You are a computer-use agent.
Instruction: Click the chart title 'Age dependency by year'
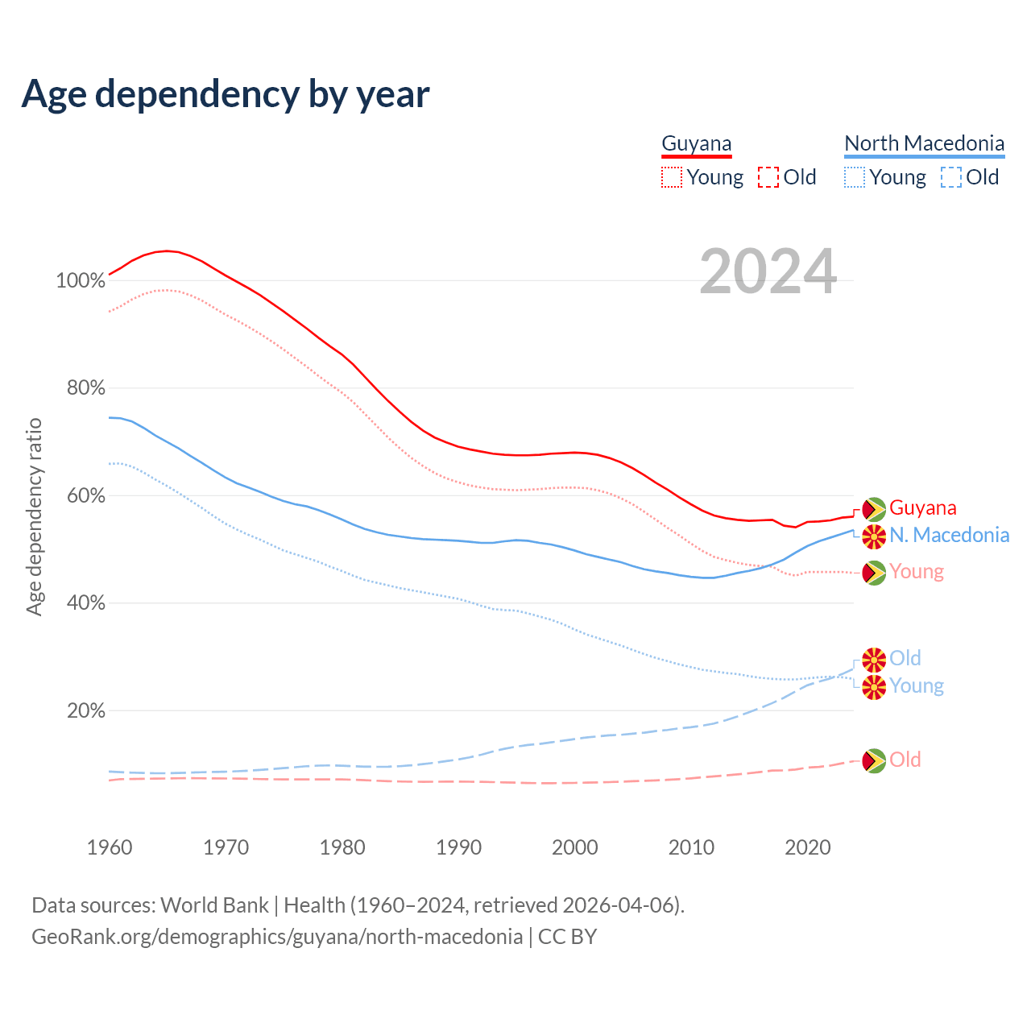pyautogui.click(x=226, y=94)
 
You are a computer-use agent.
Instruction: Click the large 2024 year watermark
pyautogui.click(x=768, y=271)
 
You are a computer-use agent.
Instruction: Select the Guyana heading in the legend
pyautogui.click(x=697, y=143)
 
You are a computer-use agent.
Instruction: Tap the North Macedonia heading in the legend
pyautogui.click(x=924, y=143)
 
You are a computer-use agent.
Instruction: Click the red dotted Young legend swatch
pyautogui.click(x=671, y=177)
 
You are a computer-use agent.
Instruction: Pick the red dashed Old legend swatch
pyautogui.click(x=768, y=177)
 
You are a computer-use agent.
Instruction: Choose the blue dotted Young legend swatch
pyautogui.click(x=855, y=177)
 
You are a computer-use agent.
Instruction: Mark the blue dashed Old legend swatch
pyautogui.click(x=951, y=177)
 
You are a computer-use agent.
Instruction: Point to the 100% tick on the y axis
pyautogui.click(x=81, y=281)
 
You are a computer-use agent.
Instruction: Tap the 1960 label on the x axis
pyautogui.click(x=110, y=847)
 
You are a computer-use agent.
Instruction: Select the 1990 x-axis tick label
pyautogui.click(x=459, y=847)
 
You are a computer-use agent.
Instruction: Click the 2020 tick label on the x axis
pyautogui.click(x=808, y=847)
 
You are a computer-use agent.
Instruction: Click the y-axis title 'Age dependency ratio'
pyautogui.click(x=34, y=516)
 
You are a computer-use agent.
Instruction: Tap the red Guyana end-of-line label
pyautogui.click(x=923, y=508)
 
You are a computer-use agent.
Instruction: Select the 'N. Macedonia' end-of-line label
pyautogui.click(x=949, y=536)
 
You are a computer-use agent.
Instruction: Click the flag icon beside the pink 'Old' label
pyautogui.click(x=874, y=760)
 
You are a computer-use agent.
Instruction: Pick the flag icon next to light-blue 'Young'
pyautogui.click(x=874, y=687)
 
